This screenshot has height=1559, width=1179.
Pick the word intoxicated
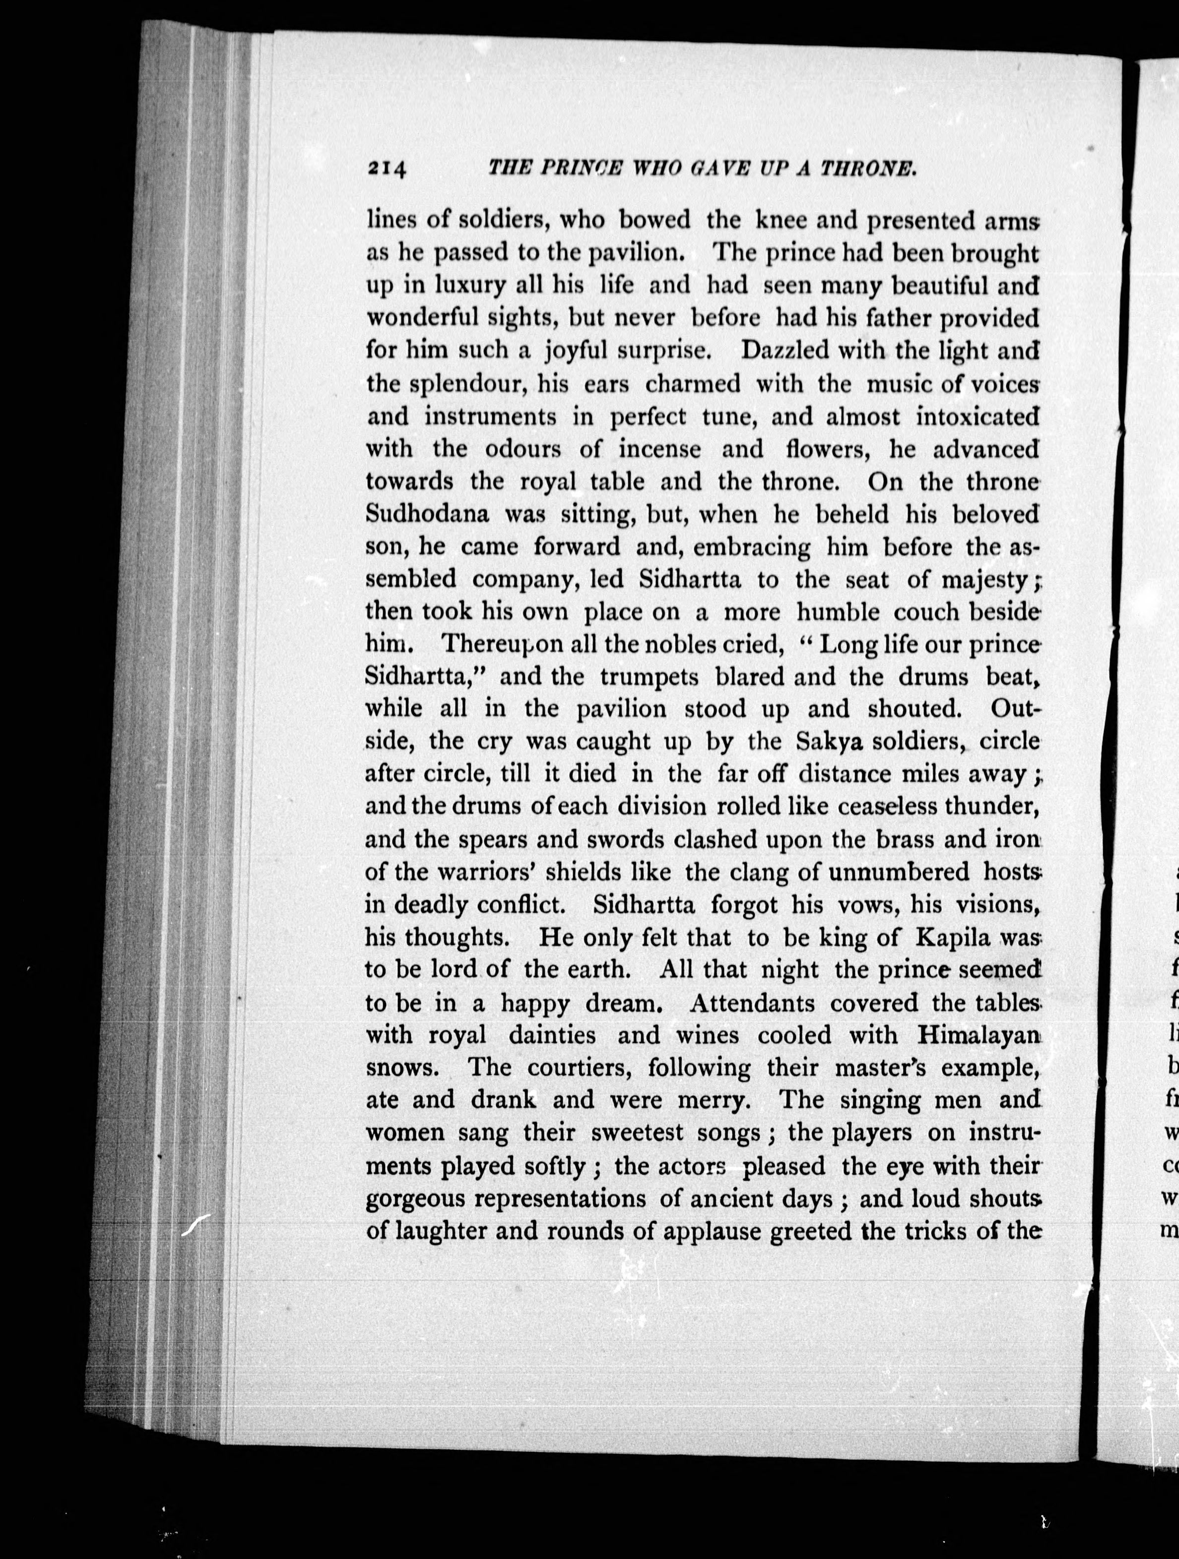(x=978, y=417)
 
